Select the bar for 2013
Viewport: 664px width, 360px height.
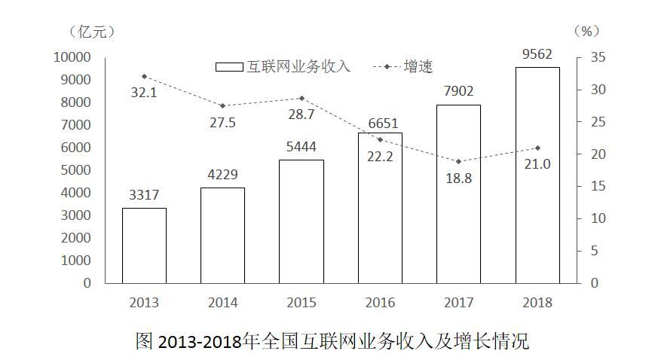(x=144, y=245)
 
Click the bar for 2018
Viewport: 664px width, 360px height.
(x=537, y=175)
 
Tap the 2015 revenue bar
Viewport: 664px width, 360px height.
(x=301, y=221)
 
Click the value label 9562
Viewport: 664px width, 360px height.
(x=537, y=54)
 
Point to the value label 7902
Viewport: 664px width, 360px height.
(x=458, y=91)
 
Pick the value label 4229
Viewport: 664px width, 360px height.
(x=222, y=175)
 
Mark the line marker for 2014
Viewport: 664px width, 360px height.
(x=222, y=105)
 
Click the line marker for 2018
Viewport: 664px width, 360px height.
(x=537, y=148)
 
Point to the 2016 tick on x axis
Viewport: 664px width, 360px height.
(x=379, y=303)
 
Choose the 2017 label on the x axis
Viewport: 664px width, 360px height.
(x=458, y=303)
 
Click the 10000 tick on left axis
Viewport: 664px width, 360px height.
(x=72, y=57)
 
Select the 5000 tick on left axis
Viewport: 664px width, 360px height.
(x=75, y=170)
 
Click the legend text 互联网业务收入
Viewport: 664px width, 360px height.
(x=298, y=66)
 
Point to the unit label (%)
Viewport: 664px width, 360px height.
(x=586, y=32)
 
